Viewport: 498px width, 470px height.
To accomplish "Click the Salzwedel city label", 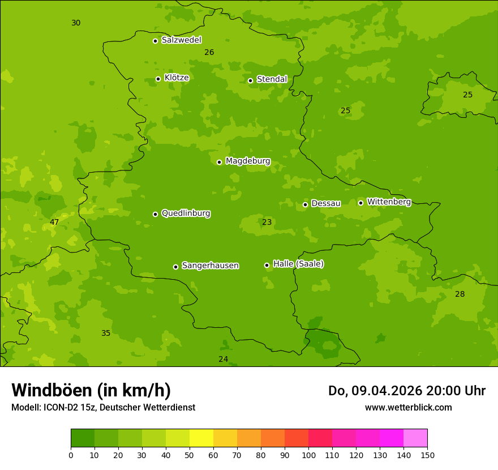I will [x=181, y=40].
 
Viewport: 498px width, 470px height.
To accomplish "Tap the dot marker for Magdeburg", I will [x=219, y=162].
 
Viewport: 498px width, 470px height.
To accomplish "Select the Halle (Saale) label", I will [x=298, y=264].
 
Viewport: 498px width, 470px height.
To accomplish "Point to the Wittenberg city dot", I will [x=360, y=203].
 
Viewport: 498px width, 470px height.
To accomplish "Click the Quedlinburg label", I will [x=186, y=213].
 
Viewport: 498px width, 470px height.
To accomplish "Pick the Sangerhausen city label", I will [x=210, y=266].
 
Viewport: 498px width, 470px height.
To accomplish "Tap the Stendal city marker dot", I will [x=250, y=80].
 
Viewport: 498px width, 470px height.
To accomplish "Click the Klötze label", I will [x=177, y=78].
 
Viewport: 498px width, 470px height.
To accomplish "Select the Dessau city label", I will [x=326, y=203].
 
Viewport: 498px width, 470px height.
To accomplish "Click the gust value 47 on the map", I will [x=54, y=222].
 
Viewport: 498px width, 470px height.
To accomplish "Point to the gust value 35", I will [x=106, y=333].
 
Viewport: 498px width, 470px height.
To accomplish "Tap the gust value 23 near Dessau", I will [x=267, y=222].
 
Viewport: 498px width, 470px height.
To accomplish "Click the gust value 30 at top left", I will [x=76, y=23].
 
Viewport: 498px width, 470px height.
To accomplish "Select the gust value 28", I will [x=460, y=294].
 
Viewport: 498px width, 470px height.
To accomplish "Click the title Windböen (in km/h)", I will [x=91, y=390].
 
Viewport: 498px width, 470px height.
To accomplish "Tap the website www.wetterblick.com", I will [x=408, y=407].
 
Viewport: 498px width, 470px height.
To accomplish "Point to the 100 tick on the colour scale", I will [x=308, y=455].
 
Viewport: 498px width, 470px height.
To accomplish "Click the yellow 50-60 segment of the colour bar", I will [x=201, y=438].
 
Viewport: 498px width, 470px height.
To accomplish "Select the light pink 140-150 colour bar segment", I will [x=415, y=438].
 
